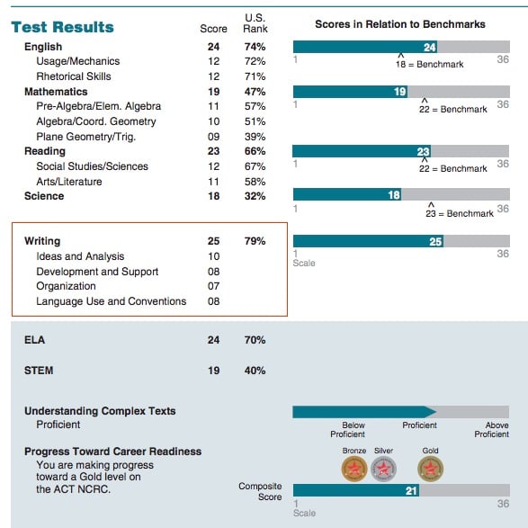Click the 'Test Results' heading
click(62, 27)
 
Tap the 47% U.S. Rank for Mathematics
click(255, 92)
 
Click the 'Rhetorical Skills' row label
click(73, 76)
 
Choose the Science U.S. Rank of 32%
click(255, 196)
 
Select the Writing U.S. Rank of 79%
click(255, 241)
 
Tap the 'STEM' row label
click(40, 370)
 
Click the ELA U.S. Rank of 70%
click(255, 340)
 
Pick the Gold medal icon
click(430, 468)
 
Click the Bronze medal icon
click(354, 468)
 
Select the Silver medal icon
click(384, 468)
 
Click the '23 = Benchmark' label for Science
click(459, 213)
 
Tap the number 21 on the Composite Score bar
click(411, 490)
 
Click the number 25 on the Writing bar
click(435, 241)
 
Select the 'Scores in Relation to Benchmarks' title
click(401, 24)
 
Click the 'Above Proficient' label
click(491, 430)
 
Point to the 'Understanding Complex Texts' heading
click(100, 411)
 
